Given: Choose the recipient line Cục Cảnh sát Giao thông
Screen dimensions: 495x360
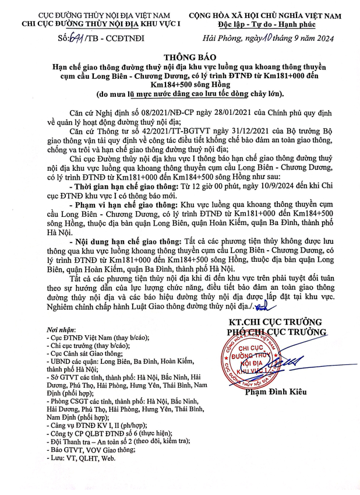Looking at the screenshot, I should [x=85, y=353].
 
